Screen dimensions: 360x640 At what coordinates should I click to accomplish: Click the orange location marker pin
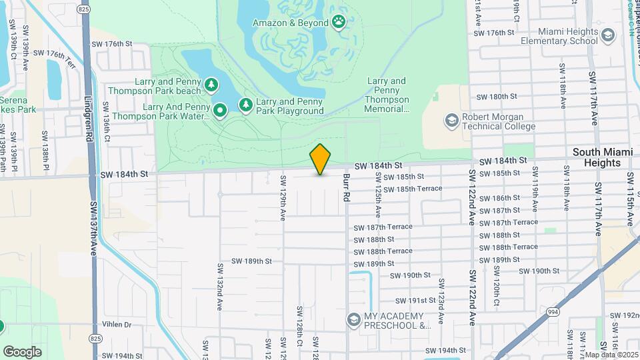[320, 159]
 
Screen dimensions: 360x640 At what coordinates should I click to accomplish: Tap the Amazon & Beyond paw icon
[339, 22]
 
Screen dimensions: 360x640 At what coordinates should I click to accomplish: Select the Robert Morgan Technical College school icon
[451, 121]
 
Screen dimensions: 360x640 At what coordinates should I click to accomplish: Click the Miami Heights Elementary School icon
[607, 35]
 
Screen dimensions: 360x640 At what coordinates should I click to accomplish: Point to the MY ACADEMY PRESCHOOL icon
[353, 321]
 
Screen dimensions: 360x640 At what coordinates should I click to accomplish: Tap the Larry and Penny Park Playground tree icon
[246, 105]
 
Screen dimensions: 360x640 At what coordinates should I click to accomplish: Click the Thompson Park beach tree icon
[211, 85]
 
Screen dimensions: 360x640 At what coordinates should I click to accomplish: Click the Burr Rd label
[346, 189]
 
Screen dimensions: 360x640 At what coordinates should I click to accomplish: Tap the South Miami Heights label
[602, 157]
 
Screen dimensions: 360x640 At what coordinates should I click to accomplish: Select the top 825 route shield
[83, 9]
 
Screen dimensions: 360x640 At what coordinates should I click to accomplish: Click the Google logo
[22, 351]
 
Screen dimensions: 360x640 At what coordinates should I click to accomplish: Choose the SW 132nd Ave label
[219, 287]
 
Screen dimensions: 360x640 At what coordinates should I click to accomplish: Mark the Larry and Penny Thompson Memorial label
[387, 95]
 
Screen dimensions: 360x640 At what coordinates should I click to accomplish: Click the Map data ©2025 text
[611, 355]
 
